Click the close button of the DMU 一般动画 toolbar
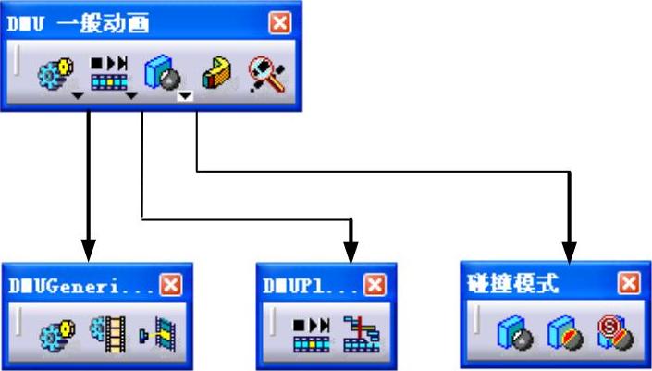click(x=278, y=23)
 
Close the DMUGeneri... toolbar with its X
click(x=170, y=285)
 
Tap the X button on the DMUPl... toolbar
click(x=375, y=285)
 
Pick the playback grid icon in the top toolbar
click(x=109, y=71)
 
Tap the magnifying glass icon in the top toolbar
click(x=265, y=72)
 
